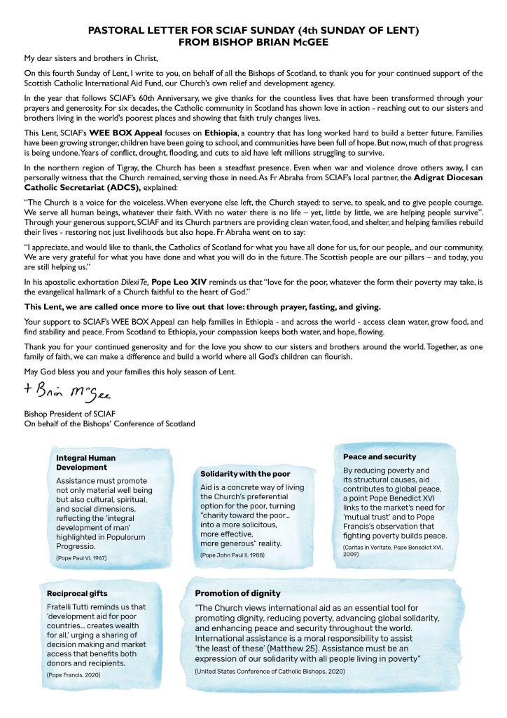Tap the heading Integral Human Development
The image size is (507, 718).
point(86,463)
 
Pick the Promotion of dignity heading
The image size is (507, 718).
point(237,593)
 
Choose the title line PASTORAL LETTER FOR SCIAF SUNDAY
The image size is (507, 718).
point(253,31)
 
